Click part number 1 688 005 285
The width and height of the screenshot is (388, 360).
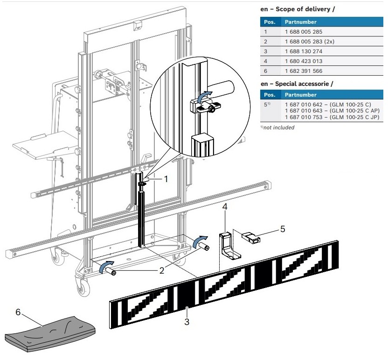304,32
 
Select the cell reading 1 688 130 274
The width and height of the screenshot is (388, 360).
304,51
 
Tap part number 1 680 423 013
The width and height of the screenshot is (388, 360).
304,61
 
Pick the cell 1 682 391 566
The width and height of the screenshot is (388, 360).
304,71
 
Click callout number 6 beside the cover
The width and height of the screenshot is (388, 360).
18,312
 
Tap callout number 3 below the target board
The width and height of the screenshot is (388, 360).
187,321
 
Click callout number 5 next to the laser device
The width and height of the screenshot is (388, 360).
282,229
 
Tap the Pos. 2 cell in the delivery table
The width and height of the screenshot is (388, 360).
266,42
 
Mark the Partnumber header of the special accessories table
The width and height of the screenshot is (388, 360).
301,94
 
